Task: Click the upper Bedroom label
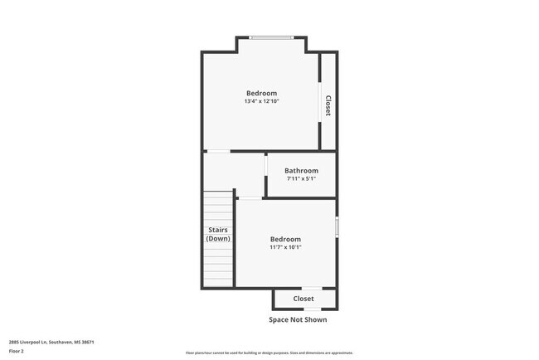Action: (x=261, y=93)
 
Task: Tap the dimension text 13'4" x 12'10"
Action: (x=261, y=102)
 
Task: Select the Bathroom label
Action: (x=301, y=171)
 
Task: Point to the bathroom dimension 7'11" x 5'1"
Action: (x=301, y=179)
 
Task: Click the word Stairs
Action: (x=218, y=231)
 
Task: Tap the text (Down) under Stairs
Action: (x=218, y=239)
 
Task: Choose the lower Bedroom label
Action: (x=285, y=239)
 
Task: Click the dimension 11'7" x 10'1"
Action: (x=285, y=247)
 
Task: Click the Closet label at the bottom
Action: (x=303, y=299)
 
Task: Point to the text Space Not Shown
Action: (x=298, y=319)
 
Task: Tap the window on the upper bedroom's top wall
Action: (x=271, y=37)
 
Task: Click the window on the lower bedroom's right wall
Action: (x=336, y=226)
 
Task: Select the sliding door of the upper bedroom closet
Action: (x=321, y=101)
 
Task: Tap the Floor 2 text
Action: (x=17, y=352)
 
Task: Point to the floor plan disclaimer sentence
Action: (x=270, y=352)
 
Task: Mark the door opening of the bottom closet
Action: (x=303, y=288)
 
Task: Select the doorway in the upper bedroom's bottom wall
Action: (x=218, y=151)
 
